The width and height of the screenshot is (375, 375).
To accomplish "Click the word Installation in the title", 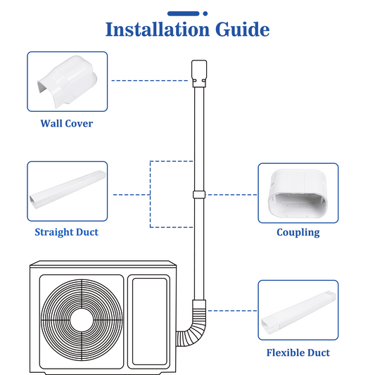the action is pyautogui.click(x=158, y=29).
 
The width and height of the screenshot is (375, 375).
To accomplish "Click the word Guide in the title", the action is pyautogui.click(x=243, y=29).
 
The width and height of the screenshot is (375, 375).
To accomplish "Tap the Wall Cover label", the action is pyautogui.click(x=67, y=123).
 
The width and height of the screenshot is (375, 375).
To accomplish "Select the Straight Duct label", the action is pyautogui.click(x=66, y=232).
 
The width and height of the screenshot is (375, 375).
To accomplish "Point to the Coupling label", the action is pyautogui.click(x=298, y=232).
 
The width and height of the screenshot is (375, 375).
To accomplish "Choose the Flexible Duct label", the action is pyautogui.click(x=298, y=352).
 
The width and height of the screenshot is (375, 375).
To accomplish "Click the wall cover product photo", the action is pyautogui.click(x=68, y=82).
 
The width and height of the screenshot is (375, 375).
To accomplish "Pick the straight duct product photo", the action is pyautogui.click(x=68, y=189).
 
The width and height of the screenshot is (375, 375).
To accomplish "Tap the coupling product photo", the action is pyautogui.click(x=298, y=193).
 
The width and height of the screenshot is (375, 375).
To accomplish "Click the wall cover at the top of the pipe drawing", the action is pyautogui.click(x=199, y=74).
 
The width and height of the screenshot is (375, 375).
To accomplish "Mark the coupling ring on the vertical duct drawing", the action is pyautogui.click(x=199, y=195).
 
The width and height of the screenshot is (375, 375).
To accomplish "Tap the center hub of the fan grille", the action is pyautogui.click(x=82, y=320).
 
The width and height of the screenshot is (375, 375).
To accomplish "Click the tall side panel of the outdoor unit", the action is pyautogui.click(x=149, y=322).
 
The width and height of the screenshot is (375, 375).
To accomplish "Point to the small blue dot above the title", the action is pyautogui.click(x=205, y=13).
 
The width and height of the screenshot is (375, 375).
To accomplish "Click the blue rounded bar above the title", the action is pyautogui.click(x=184, y=13).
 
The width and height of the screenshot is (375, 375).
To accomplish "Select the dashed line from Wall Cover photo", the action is pyautogui.click(x=150, y=81).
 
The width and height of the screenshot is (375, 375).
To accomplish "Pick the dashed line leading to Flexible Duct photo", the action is pyautogui.click(x=232, y=311).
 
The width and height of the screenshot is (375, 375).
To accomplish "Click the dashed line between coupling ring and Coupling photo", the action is pyautogui.click(x=231, y=195).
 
